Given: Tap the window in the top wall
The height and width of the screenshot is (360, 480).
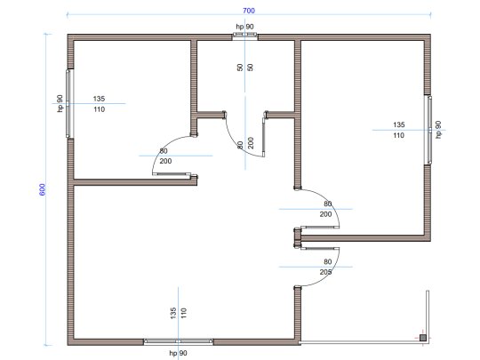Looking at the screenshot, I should (245, 36).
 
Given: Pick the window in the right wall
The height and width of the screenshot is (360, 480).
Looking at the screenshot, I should (429, 129).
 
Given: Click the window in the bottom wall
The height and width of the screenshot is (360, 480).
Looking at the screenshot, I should (179, 341).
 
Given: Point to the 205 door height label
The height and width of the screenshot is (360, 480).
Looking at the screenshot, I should (325, 271).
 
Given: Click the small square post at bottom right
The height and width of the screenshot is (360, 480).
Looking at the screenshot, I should (422, 337).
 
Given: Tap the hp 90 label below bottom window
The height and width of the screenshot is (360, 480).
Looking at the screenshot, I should (179, 353).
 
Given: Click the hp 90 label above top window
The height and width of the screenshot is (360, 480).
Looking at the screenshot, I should (245, 28).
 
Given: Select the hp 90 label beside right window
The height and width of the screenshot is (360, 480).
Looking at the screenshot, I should (438, 129).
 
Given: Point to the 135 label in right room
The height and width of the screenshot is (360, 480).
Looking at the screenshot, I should (398, 124).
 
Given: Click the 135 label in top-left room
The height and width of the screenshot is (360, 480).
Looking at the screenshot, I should (99, 98).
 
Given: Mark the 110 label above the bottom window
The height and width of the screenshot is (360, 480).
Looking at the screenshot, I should (184, 312).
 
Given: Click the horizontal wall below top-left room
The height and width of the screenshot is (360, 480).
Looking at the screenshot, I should (133, 183).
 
